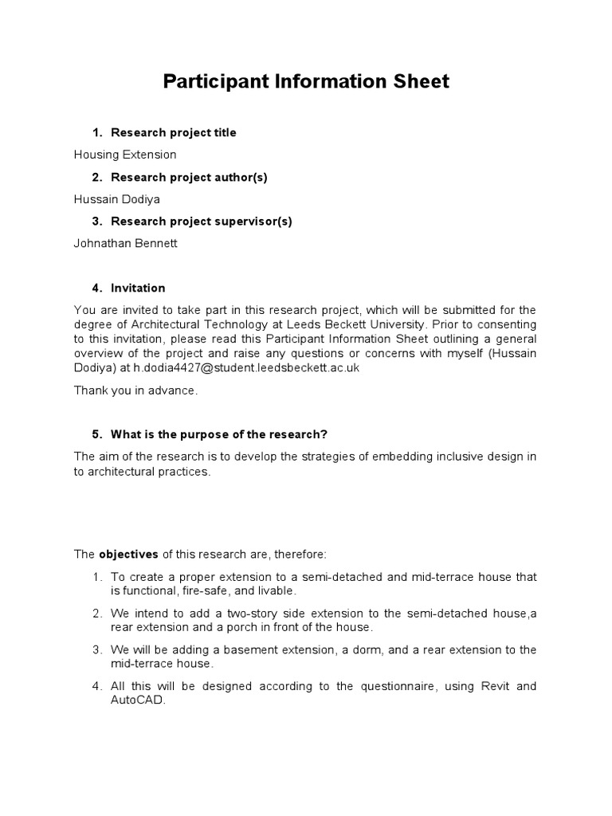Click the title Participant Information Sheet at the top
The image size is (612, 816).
[306, 81]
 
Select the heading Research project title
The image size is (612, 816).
[173, 132]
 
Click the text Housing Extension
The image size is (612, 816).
[125, 155]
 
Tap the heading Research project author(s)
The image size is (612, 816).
[189, 177]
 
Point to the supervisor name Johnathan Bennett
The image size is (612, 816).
[126, 244]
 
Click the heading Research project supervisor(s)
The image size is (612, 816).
[202, 222]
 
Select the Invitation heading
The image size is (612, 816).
[138, 288]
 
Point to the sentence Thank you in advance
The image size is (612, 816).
[135, 390]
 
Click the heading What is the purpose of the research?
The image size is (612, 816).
[219, 434]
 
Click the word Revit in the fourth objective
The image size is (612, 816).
[494, 686]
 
